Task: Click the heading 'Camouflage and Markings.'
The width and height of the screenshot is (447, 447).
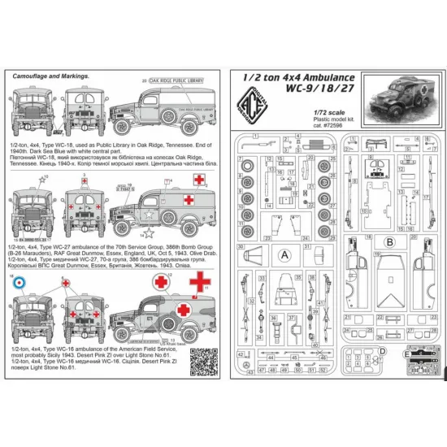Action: pos(49,77)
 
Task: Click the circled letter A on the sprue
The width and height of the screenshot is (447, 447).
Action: pos(284,253)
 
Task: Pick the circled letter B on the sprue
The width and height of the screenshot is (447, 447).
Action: pos(389,241)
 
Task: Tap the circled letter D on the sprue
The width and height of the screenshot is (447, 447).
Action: pos(382,352)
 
